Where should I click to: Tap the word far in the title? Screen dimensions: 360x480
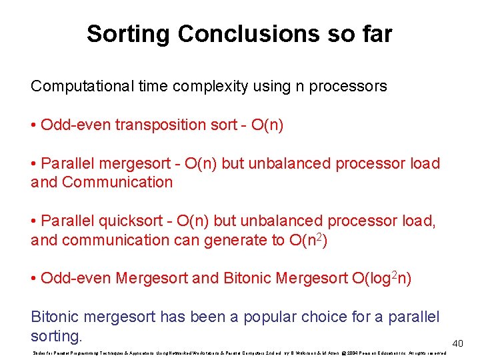(x=375, y=33)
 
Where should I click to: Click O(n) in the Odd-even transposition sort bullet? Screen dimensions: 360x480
(x=267, y=125)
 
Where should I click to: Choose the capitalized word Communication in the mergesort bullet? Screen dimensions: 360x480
(x=117, y=182)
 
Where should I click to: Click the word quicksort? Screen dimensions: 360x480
(x=127, y=221)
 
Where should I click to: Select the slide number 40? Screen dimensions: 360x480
(x=457, y=343)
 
